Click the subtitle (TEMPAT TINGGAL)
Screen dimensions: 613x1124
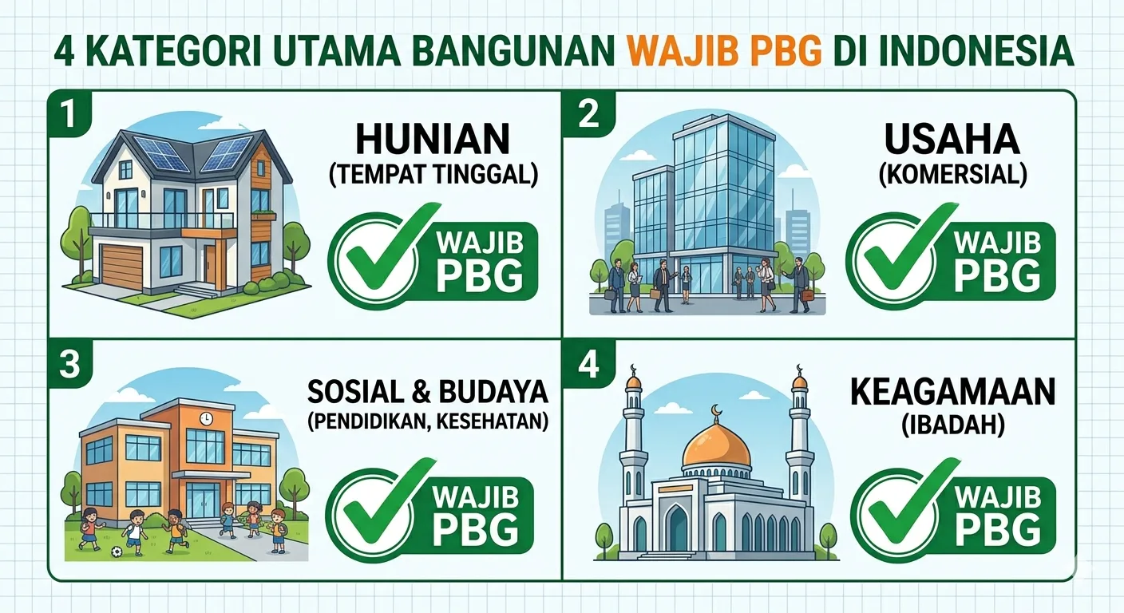pos(432,174)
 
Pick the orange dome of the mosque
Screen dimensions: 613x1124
pos(716,445)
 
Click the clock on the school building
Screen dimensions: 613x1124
pos(206,418)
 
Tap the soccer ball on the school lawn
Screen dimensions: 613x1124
pos(117,551)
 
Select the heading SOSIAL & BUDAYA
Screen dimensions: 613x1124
pos(428,392)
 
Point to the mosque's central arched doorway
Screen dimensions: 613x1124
pos(677,528)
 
